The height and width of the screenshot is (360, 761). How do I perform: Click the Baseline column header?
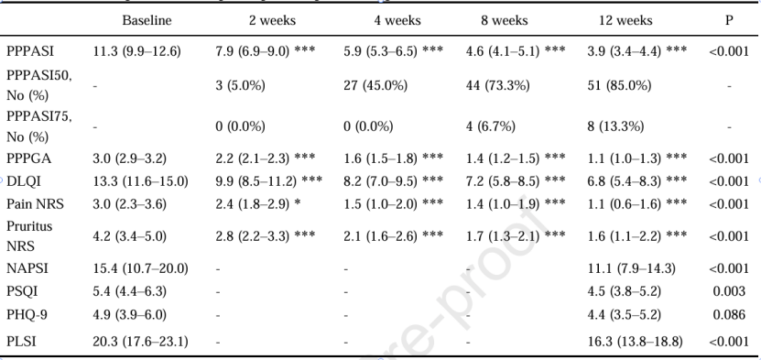[x=147, y=20]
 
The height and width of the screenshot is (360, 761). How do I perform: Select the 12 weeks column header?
[x=625, y=20]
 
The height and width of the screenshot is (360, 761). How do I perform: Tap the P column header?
[x=729, y=20]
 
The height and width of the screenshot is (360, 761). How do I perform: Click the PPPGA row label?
[x=28, y=158]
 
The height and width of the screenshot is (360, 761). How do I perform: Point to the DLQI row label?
[x=24, y=181]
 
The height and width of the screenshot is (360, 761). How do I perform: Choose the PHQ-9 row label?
[x=27, y=315]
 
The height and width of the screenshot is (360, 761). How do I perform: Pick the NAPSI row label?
[x=27, y=268]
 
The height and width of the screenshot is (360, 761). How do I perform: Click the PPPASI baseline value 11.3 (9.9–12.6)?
[x=136, y=51]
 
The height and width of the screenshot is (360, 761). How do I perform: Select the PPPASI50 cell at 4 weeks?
[x=375, y=85]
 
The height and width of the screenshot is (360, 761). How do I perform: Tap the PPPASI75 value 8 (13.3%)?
[x=615, y=126]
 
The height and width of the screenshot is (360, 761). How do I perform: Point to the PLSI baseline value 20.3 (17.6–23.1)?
[x=140, y=342]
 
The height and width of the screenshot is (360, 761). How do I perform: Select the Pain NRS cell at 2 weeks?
[x=257, y=204]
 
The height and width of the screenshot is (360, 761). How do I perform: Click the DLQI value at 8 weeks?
[x=516, y=181]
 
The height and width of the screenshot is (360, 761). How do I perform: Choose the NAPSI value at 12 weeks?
[x=631, y=268]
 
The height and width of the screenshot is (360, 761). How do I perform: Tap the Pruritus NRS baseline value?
[x=130, y=236]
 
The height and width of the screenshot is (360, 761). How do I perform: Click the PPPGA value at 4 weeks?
[x=393, y=158]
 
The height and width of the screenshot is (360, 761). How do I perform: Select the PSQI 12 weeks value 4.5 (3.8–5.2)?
[x=624, y=291]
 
